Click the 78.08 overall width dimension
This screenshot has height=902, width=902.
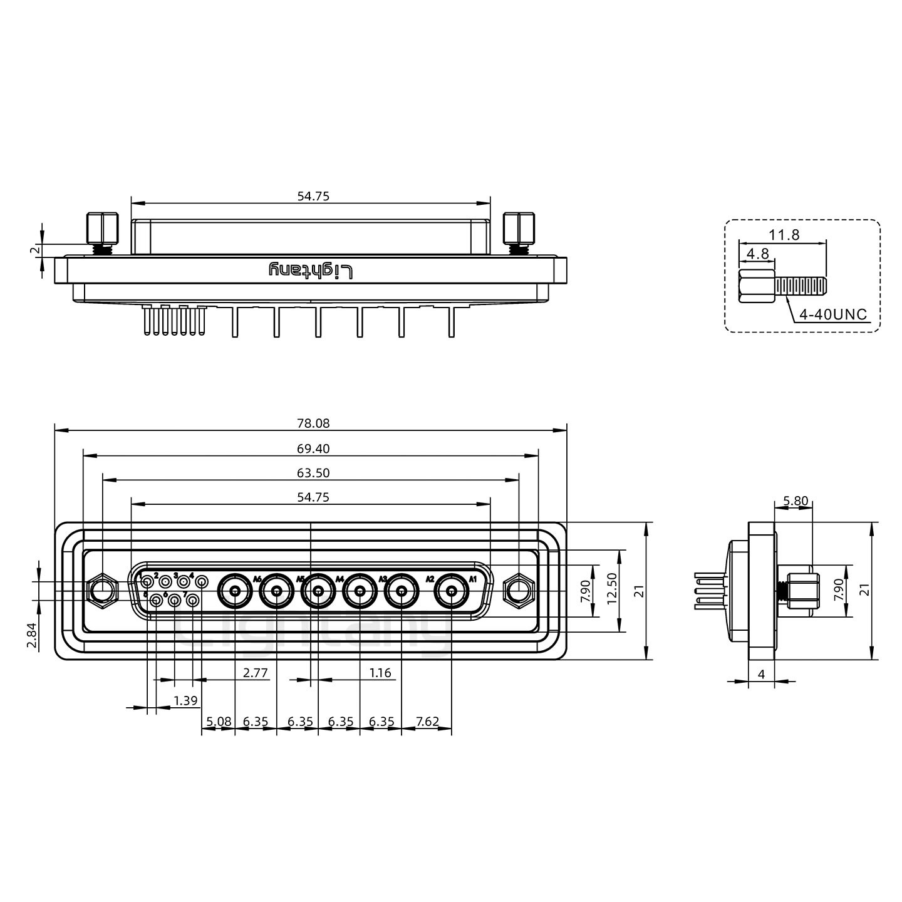313,423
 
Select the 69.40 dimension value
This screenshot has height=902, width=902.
313,448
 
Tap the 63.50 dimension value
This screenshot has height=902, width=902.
313,473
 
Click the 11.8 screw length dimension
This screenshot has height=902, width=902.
784,235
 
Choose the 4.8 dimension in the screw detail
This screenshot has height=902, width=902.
757,254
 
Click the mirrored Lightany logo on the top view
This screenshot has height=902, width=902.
311,271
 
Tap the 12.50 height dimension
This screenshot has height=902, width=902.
612,591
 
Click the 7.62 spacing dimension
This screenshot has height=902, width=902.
427,722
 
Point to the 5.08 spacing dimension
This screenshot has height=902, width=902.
219,722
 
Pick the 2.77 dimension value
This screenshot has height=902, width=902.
256,673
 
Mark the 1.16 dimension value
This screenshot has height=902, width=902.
380,673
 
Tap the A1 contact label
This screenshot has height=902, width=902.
473,578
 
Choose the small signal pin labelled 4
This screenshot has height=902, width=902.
202,583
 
